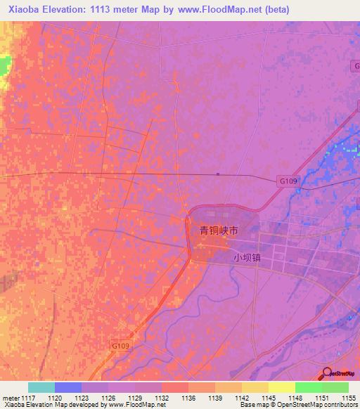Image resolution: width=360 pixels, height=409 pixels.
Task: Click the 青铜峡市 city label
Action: [x=219, y=230]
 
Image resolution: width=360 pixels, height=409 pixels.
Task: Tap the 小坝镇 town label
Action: [x=247, y=258]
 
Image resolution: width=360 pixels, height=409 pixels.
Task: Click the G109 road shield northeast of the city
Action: [x=288, y=180]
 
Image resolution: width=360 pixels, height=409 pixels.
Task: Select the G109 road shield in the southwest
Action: [x=121, y=346]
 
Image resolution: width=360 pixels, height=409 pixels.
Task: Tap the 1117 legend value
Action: [x=27, y=398]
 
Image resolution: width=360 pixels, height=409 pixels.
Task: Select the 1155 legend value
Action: [x=349, y=398]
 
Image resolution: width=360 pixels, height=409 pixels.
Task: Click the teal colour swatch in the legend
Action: [x=41, y=387]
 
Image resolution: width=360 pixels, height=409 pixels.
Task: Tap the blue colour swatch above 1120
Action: [x=67, y=387]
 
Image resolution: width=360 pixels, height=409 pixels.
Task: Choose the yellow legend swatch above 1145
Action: [x=255, y=387]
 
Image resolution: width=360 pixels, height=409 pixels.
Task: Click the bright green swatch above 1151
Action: [x=309, y=387]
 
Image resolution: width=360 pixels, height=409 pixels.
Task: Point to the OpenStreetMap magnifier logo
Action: [x=328, y=373]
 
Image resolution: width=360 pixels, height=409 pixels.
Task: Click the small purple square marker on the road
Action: [x=218, y=174]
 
